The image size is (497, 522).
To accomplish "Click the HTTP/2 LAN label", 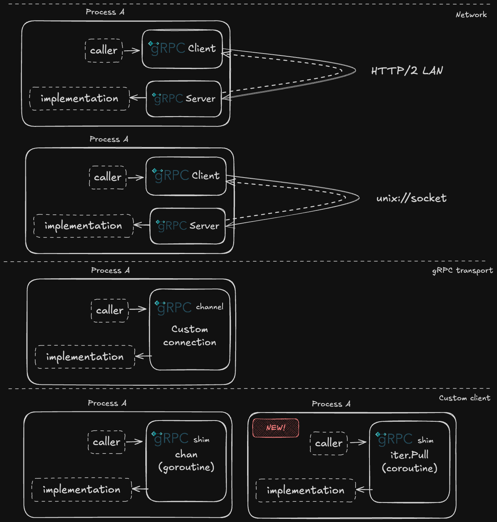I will click(x=407, y=71).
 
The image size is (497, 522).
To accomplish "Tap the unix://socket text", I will click(x=411, y=198).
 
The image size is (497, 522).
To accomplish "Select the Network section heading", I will click(x=471, y=15).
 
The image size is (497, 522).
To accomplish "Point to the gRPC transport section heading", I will click(x=462, y=270).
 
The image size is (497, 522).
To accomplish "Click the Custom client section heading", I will click(x=464, y=398).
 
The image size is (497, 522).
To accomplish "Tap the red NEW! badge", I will click(x=276, y=428).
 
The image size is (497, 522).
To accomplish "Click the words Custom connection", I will click(x=190, y=336).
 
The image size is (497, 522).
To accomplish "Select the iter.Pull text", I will click(x=409, y=455).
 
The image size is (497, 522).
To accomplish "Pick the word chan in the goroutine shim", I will click(x=186, y=455).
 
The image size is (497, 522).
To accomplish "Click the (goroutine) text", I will click(x=186, y=467).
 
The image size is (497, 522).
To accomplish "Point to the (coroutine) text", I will click(x=409, y=468).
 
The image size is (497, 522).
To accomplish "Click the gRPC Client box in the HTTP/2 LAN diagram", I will click(x=182, y=49).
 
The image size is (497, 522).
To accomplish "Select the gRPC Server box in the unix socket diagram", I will click(x=187, y=226).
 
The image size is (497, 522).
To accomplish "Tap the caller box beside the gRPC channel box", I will click(x=110, y=310).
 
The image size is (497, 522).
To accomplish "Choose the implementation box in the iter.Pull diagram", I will click(x=305, y=490).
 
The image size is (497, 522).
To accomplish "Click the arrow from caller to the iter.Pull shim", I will click(x=358, y=442).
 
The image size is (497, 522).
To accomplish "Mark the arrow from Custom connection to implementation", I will click(x=143, y=356).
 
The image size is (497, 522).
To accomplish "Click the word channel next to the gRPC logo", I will click(x=209, y=307).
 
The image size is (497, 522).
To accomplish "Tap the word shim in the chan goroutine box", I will click(x=201, y=440).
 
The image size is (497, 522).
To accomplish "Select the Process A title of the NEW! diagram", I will click(x=331, y=404).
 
